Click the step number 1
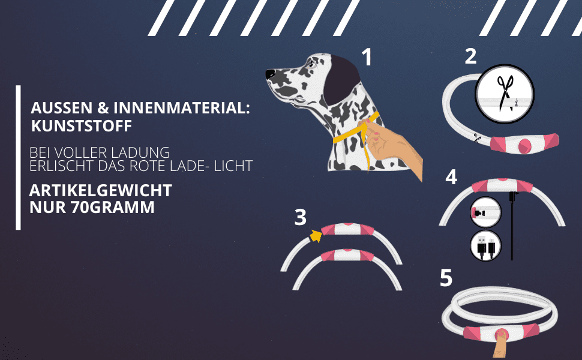click(x=367, y=58)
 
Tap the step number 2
click(x=470, y=56)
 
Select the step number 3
click(x=300, y=217)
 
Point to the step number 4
click(x=451, y=177)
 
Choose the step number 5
click(x=446, y=278)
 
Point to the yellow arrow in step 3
click(x=316, y=236)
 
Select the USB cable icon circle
click(x=485, y=245)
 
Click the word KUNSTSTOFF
click(x=81, y=126)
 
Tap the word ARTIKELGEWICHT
click(x=101, y=190)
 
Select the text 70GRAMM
click(x=112, y=207)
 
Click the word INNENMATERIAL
click(x=182, y=107)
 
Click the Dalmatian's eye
click(x=310, y=64)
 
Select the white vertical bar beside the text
click(x=18, y=158)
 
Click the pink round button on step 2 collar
click(x=525, y=145)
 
